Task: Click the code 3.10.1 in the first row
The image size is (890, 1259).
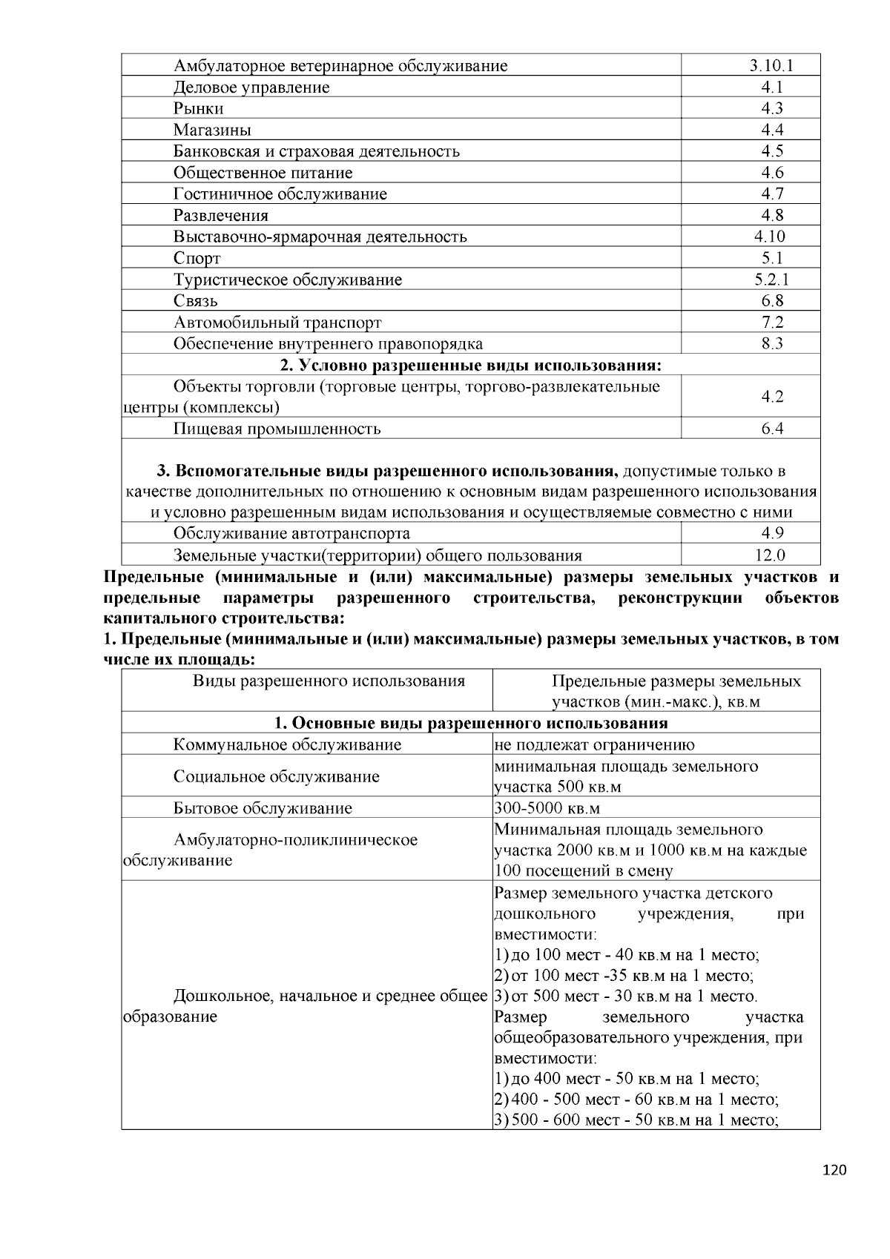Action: [771, 65]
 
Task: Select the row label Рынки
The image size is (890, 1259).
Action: [198, 108]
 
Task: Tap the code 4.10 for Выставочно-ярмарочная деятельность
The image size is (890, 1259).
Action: [770, 237]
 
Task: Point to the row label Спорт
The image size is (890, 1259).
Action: [197, 258]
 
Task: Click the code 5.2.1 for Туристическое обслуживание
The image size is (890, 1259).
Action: [771, 280]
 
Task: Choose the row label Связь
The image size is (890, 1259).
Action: [195, 301]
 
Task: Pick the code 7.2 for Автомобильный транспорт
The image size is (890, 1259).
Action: [771, 323]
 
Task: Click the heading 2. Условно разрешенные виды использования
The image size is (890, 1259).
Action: [470, 366]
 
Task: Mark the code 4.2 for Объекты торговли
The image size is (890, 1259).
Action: [771, 397]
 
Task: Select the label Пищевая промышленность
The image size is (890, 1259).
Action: [277, 429]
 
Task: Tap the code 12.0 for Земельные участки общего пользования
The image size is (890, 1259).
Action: [771, 555]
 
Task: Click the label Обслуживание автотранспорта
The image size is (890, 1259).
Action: [291, 534]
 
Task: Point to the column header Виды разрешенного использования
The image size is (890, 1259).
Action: [329, 681]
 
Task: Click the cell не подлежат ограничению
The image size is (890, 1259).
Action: [594, 745]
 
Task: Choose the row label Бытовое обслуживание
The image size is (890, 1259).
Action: [263, 808]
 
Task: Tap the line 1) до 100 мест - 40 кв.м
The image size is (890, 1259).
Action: [627, 956]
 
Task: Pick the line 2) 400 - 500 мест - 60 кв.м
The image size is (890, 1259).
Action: [636, 1100]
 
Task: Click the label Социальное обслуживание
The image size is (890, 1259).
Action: [276, 777]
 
